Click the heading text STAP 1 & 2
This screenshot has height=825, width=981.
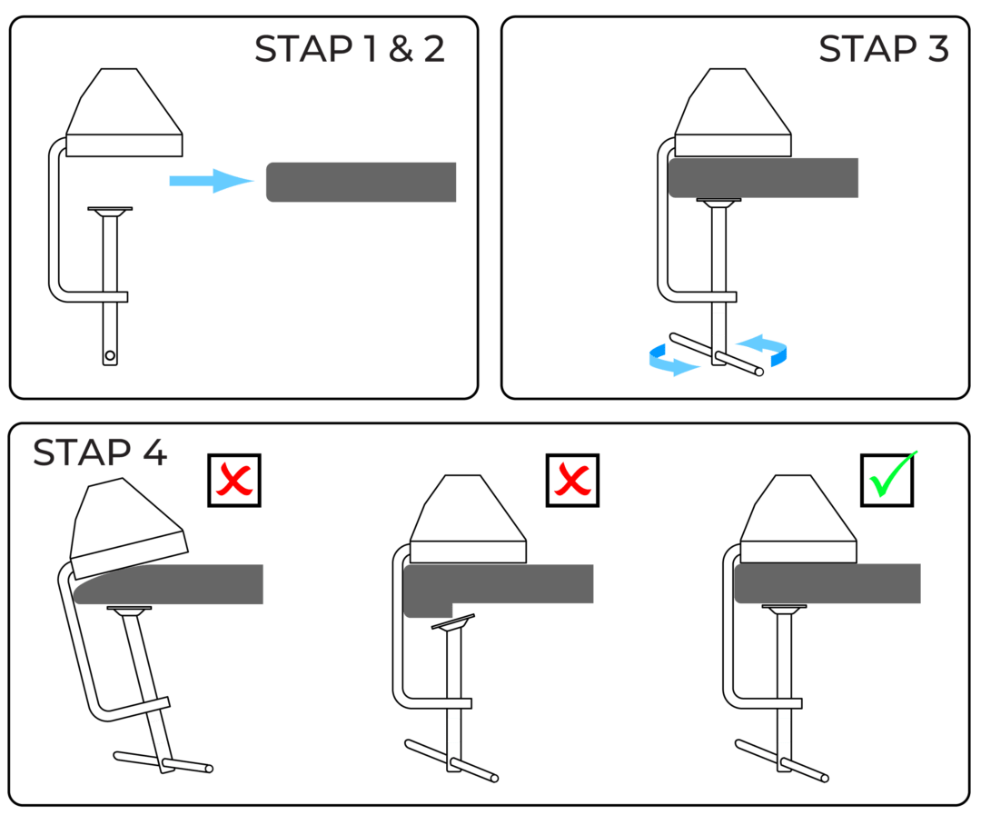(350, 50)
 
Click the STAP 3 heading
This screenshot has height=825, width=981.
(883, 50)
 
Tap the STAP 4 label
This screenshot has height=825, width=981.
(100, 452)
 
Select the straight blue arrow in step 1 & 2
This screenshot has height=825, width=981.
(212, 181)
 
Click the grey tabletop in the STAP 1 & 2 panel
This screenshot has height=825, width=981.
(362, 183)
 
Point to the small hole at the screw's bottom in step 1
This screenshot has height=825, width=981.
(110, 355)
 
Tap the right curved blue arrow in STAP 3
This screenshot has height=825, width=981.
(765, 349)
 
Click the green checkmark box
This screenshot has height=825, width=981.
(887, 480)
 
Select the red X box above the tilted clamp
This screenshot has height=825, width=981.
(233, 480)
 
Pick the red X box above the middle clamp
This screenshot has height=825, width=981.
(572, 480)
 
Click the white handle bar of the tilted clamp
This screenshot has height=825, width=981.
(163, 761)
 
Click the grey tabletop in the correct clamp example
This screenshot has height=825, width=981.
(827, 583)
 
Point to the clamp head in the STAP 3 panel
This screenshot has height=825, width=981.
(731, 116)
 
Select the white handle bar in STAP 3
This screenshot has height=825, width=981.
(715, 354)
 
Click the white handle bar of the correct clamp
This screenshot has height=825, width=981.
(781, 761)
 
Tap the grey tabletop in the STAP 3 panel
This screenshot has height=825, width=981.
(763, 178)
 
